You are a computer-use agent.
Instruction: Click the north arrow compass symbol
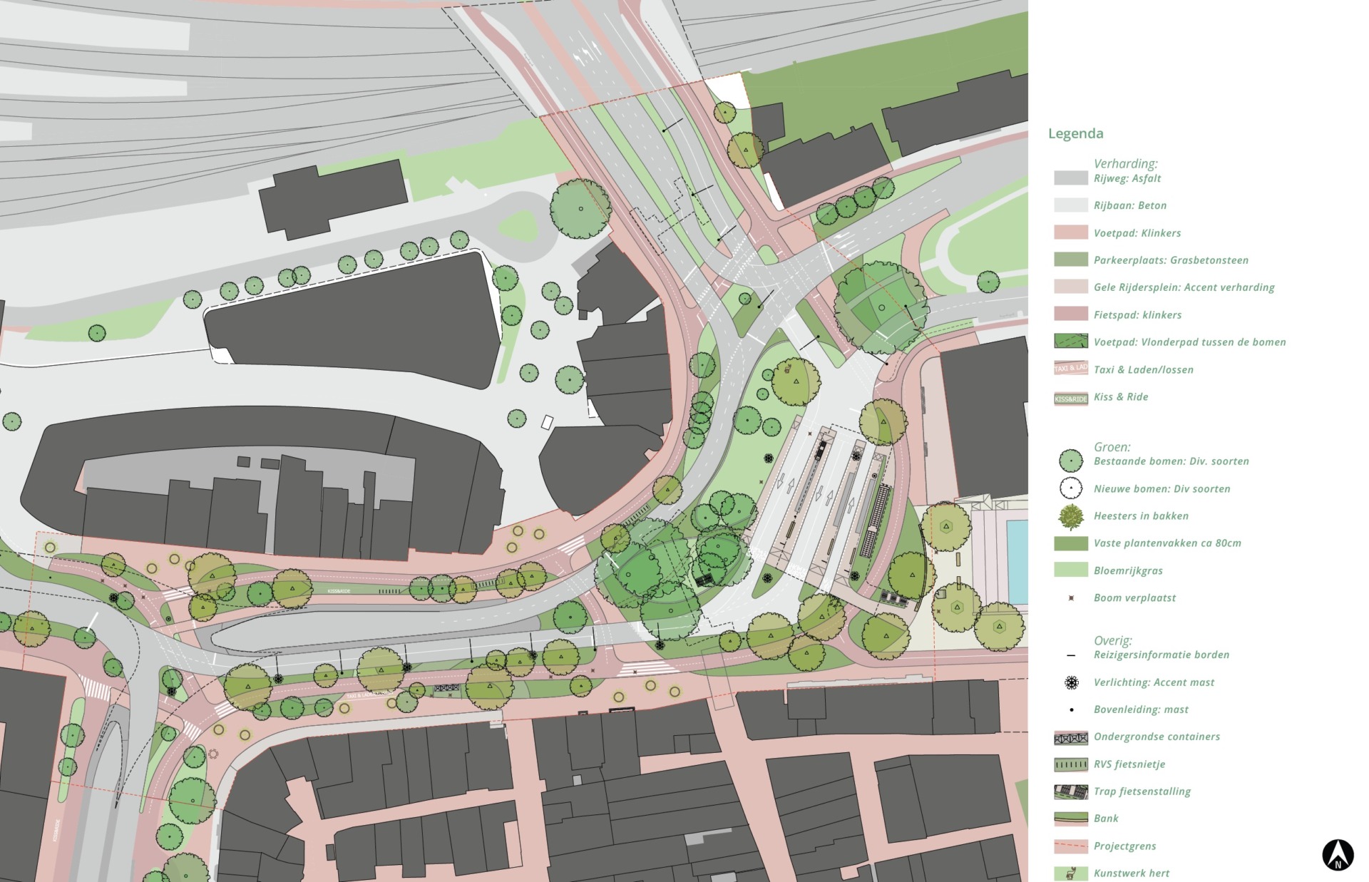[x=1338, y=854]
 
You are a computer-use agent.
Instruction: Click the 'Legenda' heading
[x=1075, y=133]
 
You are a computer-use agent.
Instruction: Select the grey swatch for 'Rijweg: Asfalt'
[x=1070, y=178]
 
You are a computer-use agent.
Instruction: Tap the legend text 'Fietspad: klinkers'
[x=1137, y=314]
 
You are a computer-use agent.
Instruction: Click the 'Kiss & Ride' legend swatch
[x=1070, y=398]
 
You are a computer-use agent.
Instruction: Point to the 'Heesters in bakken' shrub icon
[x=1070, y=516]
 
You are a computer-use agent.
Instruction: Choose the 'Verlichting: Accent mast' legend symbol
[x=1071, y=682]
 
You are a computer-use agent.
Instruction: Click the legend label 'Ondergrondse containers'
[x=1157, y=737]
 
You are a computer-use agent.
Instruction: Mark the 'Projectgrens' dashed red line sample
[x=1070, y=846]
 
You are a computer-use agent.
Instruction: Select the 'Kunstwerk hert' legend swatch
[x=1070, y=873]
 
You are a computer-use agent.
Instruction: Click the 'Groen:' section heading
[x=1112, y=447]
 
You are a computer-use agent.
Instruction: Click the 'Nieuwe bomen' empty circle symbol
[x=1070, y=488]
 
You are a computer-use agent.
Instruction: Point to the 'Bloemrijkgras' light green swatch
[x=1070, y=570]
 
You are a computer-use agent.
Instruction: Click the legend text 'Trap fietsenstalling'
[x=1142, y=791]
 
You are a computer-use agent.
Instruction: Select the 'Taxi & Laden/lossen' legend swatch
[x=1070, y=368]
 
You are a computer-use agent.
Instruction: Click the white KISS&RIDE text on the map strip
[x=340, y=591]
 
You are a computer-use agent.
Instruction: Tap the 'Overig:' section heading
[x=1112, y=640]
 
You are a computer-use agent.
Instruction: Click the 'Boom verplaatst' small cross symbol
[x=1071, y=598]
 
